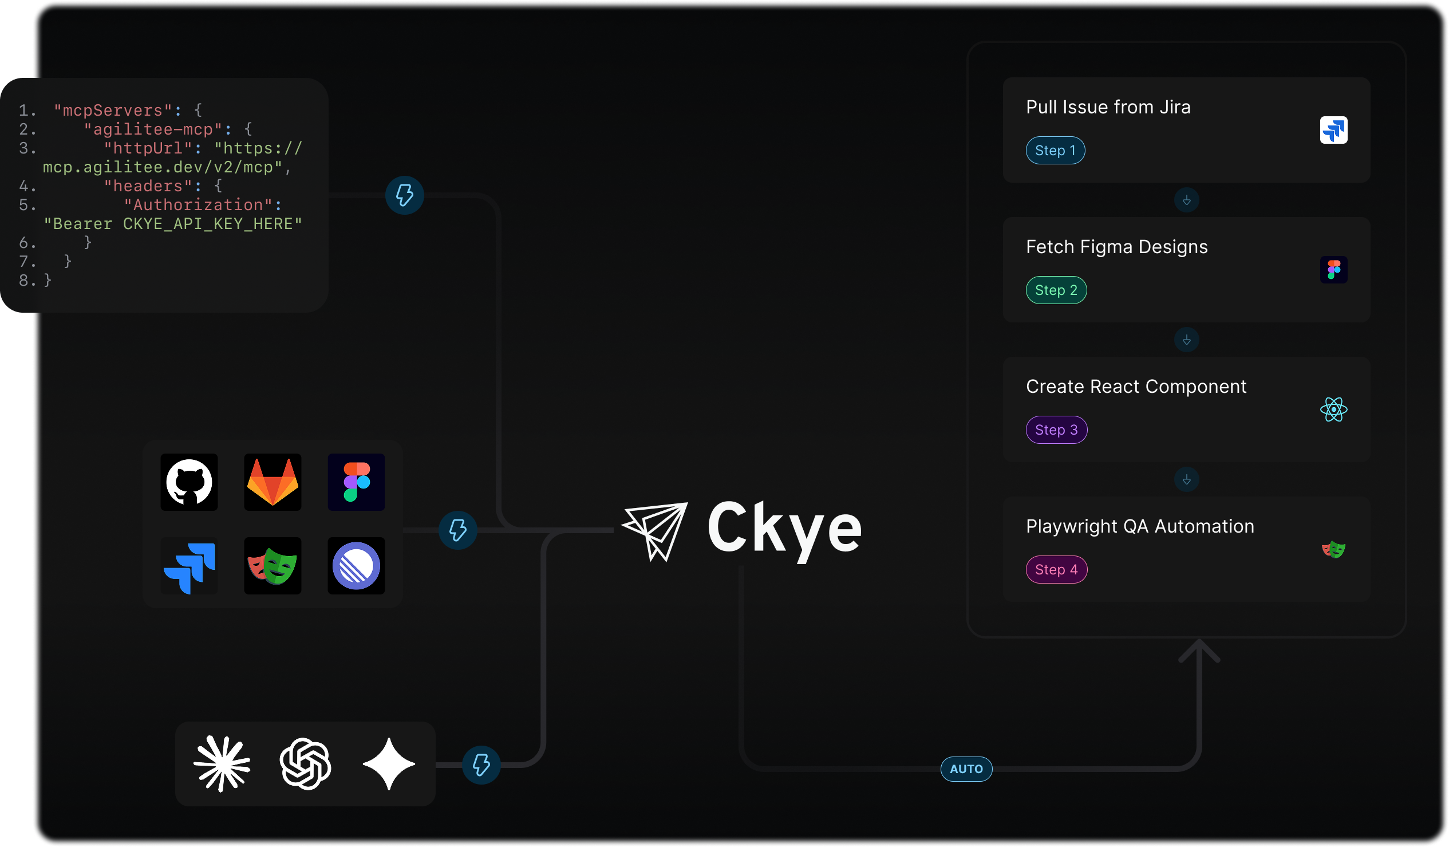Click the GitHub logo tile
pyautogui.click(x=189, y=482)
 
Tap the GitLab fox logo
pyautogui.click(x=273, y=482)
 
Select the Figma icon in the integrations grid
pyautogui.click(x=356, y=482)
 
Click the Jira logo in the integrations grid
pyautogui.click(x=189, y=566)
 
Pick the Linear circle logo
pyautogui.click(x=356, y=566)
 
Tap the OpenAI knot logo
pyautogui.click(x=305, y=763)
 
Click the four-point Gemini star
pyautogui.click(x=389, y=763)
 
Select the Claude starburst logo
pyautogui.click(x=222, y=763)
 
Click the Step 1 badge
pyautogui.click(x=1055, y=151)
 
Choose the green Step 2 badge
pyautogui.click(x=1056, y=290)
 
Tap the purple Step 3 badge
pyautogui.click(x=1056, y=430)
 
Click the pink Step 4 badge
pyautogui.click(x=1056, y=570)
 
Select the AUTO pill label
pyautogui.click(x=966, y=769)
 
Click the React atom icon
pyautogui.click(x=1333, y=409)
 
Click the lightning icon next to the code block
pyautogui.click(x=404, y=195)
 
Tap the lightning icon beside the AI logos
pyautogui.click(x=481, y=765)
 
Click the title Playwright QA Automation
pyautogui.click(x=1140, y=526)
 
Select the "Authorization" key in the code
pyautogui.click(x=199, y=204)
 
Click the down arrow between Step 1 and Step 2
pyautogui.click(x=1186, y=200)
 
